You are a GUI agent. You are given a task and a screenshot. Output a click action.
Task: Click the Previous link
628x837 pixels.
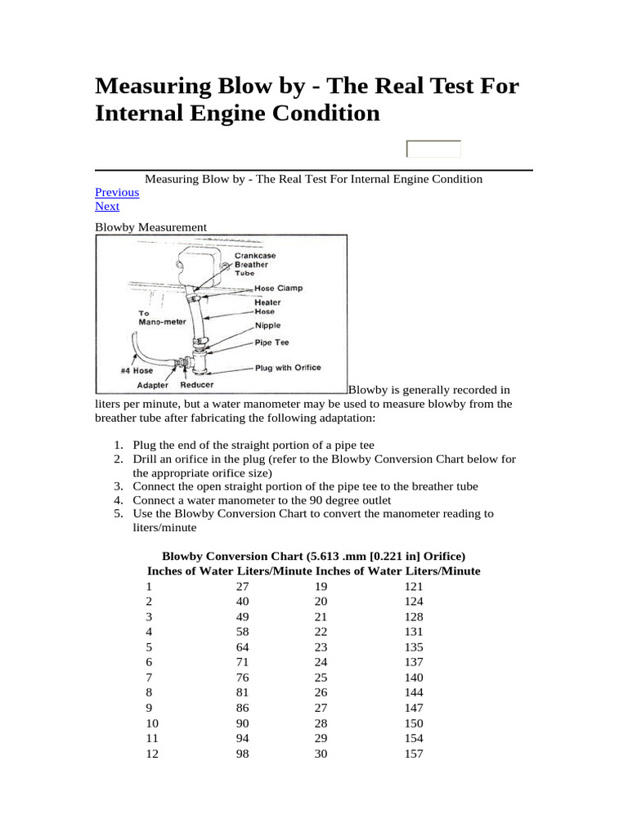(117, 192)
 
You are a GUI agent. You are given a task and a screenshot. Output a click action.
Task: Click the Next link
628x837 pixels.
(107, 206)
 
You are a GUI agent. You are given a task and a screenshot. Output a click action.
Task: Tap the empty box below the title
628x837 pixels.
(433, 149)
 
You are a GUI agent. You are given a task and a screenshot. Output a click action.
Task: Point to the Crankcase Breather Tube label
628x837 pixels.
(255, 265)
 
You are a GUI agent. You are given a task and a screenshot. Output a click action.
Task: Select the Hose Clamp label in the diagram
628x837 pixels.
(279, 288)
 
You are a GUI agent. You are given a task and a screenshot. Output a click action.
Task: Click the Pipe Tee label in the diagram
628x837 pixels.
(271, 342)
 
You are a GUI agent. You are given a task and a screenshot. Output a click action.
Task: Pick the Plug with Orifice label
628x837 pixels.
(288, 368)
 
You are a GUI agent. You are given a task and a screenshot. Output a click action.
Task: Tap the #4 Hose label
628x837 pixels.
(137, 370)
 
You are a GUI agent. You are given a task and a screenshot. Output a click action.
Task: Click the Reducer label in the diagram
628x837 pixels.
(196, 384)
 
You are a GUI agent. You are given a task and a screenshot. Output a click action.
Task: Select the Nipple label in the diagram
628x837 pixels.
(267, 325)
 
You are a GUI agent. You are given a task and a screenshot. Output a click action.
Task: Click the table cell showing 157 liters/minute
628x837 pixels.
(414, 754)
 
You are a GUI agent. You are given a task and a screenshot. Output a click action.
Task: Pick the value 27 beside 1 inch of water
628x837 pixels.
(242, 587)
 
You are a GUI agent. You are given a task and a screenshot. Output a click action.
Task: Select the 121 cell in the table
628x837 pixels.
(414, 587)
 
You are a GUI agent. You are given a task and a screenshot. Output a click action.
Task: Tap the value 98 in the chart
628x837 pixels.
(242, 754)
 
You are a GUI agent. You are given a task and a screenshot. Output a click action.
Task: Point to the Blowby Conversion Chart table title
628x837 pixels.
(314, 556)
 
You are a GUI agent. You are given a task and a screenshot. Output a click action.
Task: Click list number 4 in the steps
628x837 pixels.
(118, 499)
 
